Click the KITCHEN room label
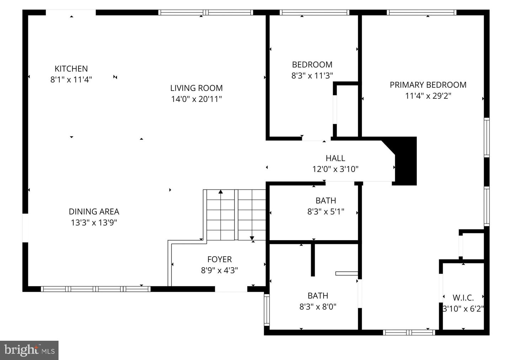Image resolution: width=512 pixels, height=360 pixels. tap(71, 69)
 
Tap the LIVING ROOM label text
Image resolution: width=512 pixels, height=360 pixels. tap(196, 88)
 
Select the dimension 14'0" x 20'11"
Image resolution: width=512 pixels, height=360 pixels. tap(196, 99)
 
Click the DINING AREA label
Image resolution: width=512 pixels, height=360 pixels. tap(94, 212)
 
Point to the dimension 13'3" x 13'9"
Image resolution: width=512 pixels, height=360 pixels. tap(94, 223)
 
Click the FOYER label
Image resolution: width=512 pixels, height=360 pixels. tap(219, 259)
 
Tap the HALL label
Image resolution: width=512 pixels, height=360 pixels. tap(335, 158)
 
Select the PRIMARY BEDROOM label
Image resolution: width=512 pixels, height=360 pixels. tap(428, 85)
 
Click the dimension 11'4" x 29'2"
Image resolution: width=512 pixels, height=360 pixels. tap(428, 96)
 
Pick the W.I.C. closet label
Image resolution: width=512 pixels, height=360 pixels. tap(463, 298)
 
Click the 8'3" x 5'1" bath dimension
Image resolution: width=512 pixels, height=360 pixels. tap(326, 212)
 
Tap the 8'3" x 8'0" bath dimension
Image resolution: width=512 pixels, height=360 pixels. tap(318, 307)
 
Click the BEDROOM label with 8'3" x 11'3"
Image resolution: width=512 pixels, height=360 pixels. tap(312, 65)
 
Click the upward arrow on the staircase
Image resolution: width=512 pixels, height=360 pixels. tap(220, 192)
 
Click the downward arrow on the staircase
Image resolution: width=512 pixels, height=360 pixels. tap(252, 238)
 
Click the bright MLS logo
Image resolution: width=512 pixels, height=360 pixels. tap(29, 350)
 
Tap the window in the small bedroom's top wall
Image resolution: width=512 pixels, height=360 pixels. tap(314, 12)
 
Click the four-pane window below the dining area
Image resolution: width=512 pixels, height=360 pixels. tap(96, 289)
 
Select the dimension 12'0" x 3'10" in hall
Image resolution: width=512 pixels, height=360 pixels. tap(335, 169)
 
